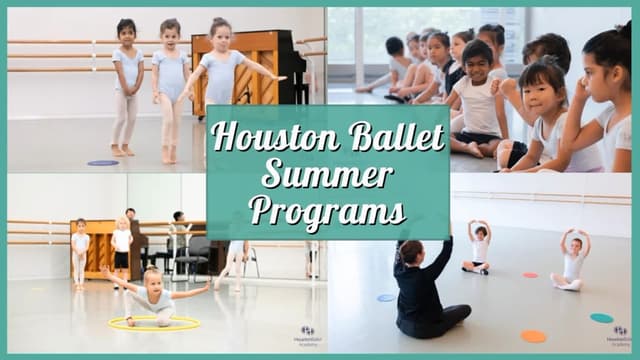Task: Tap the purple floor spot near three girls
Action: (x=102, y=162)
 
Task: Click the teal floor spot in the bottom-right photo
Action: (x=602, y=318)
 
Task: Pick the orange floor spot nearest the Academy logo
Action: (x=534, y=336)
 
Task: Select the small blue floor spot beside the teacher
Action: (x=386, y=297)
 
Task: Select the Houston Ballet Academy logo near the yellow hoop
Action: (x=308, y=335)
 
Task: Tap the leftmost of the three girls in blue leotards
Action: (x=127, y=85)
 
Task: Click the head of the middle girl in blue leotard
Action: (x=170, y=31)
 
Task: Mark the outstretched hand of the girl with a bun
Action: (x=279, y=77)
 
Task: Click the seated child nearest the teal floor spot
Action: (x=573, y=262)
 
